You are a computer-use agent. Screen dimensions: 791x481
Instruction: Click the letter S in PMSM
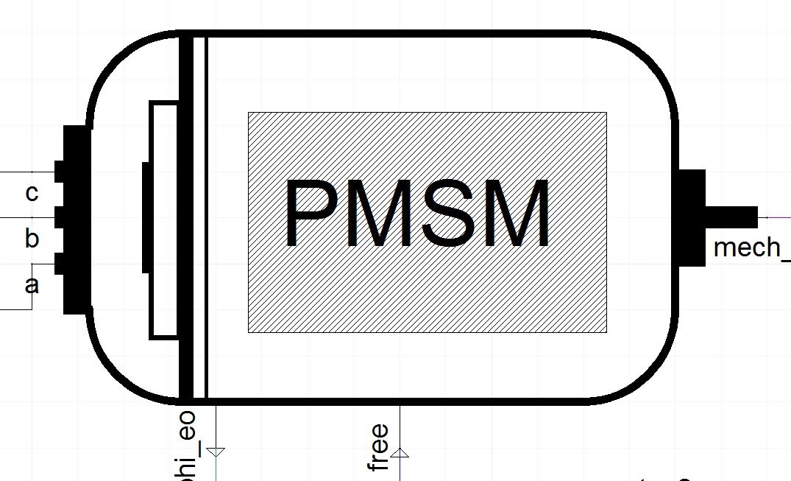click(x=448, y=213)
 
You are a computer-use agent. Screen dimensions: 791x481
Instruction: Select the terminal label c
click(x=32, y=193)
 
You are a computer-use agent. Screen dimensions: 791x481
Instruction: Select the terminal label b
click(x=32, y=239)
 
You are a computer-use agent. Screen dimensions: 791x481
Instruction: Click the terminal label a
click(x=32, y=285)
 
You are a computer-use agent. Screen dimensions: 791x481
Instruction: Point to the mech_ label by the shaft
click(x=751, y=247)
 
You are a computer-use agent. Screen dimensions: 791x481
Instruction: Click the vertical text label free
click(x=378, y=447)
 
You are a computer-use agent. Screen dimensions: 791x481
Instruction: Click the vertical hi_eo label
click(x=187, y=443)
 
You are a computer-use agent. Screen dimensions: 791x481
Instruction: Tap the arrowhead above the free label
click(x=400, y=452)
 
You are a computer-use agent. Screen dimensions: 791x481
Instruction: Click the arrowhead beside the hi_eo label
click(x=216, y=451)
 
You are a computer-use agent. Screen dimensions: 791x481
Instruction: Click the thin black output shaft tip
click(x=732, y=217)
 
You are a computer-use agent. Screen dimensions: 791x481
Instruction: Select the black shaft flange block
click(x=691, y=217)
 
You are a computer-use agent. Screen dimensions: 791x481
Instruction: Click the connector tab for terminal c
click(x=59, y=171)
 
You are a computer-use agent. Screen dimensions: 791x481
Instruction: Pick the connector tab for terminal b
click(x=59, y=217)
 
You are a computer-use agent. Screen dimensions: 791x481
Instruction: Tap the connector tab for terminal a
click(x=59, y=263)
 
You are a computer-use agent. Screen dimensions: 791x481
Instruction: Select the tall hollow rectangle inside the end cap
click(x=164, y=220)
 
